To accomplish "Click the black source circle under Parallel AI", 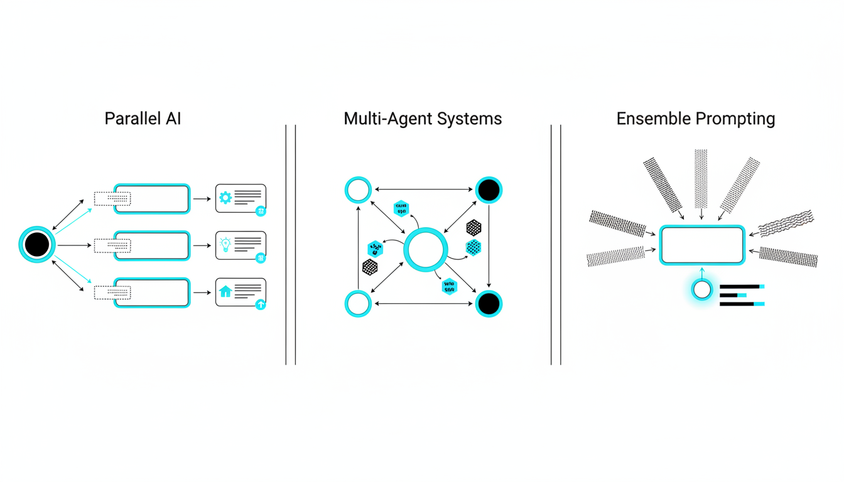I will pyautogui.click(x=37, y=245).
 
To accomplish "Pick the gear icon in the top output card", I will pyautogui.click(x=225, y=198).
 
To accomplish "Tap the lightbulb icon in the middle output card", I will pyautogui.click(x=225, y=244).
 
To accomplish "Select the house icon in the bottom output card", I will pyautogui.click(x=225, y=292).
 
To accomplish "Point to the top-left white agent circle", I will pyautogui.click(x=358, y=190).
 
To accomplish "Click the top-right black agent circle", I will pyautogui.click(x=489, y=190).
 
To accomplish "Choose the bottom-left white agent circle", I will pyautogui.click(x=358, y=304).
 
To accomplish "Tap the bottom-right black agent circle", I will pyautogui.click(x=489, y=304).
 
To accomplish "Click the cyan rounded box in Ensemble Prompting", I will pyautogui.click(x=701, y=245).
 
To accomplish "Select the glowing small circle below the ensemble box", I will pyautogui.click(x=701, y=290).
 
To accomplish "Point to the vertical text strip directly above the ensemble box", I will pyautogui.click(x=701, y=179).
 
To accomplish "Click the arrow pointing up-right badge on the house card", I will pyautogui.click(x=261, y=305).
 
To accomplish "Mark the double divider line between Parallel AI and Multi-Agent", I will pyautogui.click(x=290, y=245).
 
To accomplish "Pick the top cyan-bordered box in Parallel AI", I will pyautogui.click(x=151, y=199).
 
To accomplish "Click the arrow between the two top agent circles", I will pyautogui.click(x=423, y=190).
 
